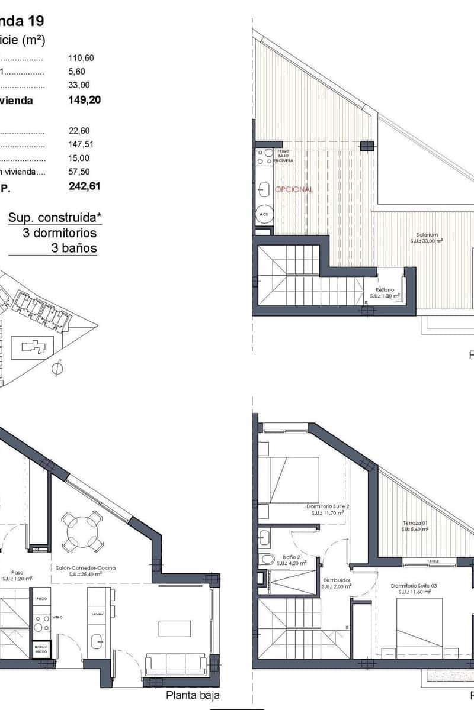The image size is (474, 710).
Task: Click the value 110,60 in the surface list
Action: [82, 58]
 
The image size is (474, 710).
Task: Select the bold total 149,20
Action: [85, 100]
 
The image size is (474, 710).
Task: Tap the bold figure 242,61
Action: [85, 186]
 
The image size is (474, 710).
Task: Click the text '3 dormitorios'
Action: [59, 233]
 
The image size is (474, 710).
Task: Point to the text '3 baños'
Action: [75, 248]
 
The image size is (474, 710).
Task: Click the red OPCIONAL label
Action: [294, 189]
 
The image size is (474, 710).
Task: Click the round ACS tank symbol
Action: [264, 214]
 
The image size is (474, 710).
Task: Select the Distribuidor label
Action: [336, 583]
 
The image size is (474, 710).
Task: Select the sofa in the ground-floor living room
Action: [176, 664]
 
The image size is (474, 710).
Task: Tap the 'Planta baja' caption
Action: [193, 696]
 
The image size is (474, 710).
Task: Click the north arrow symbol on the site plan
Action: [57, 367]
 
